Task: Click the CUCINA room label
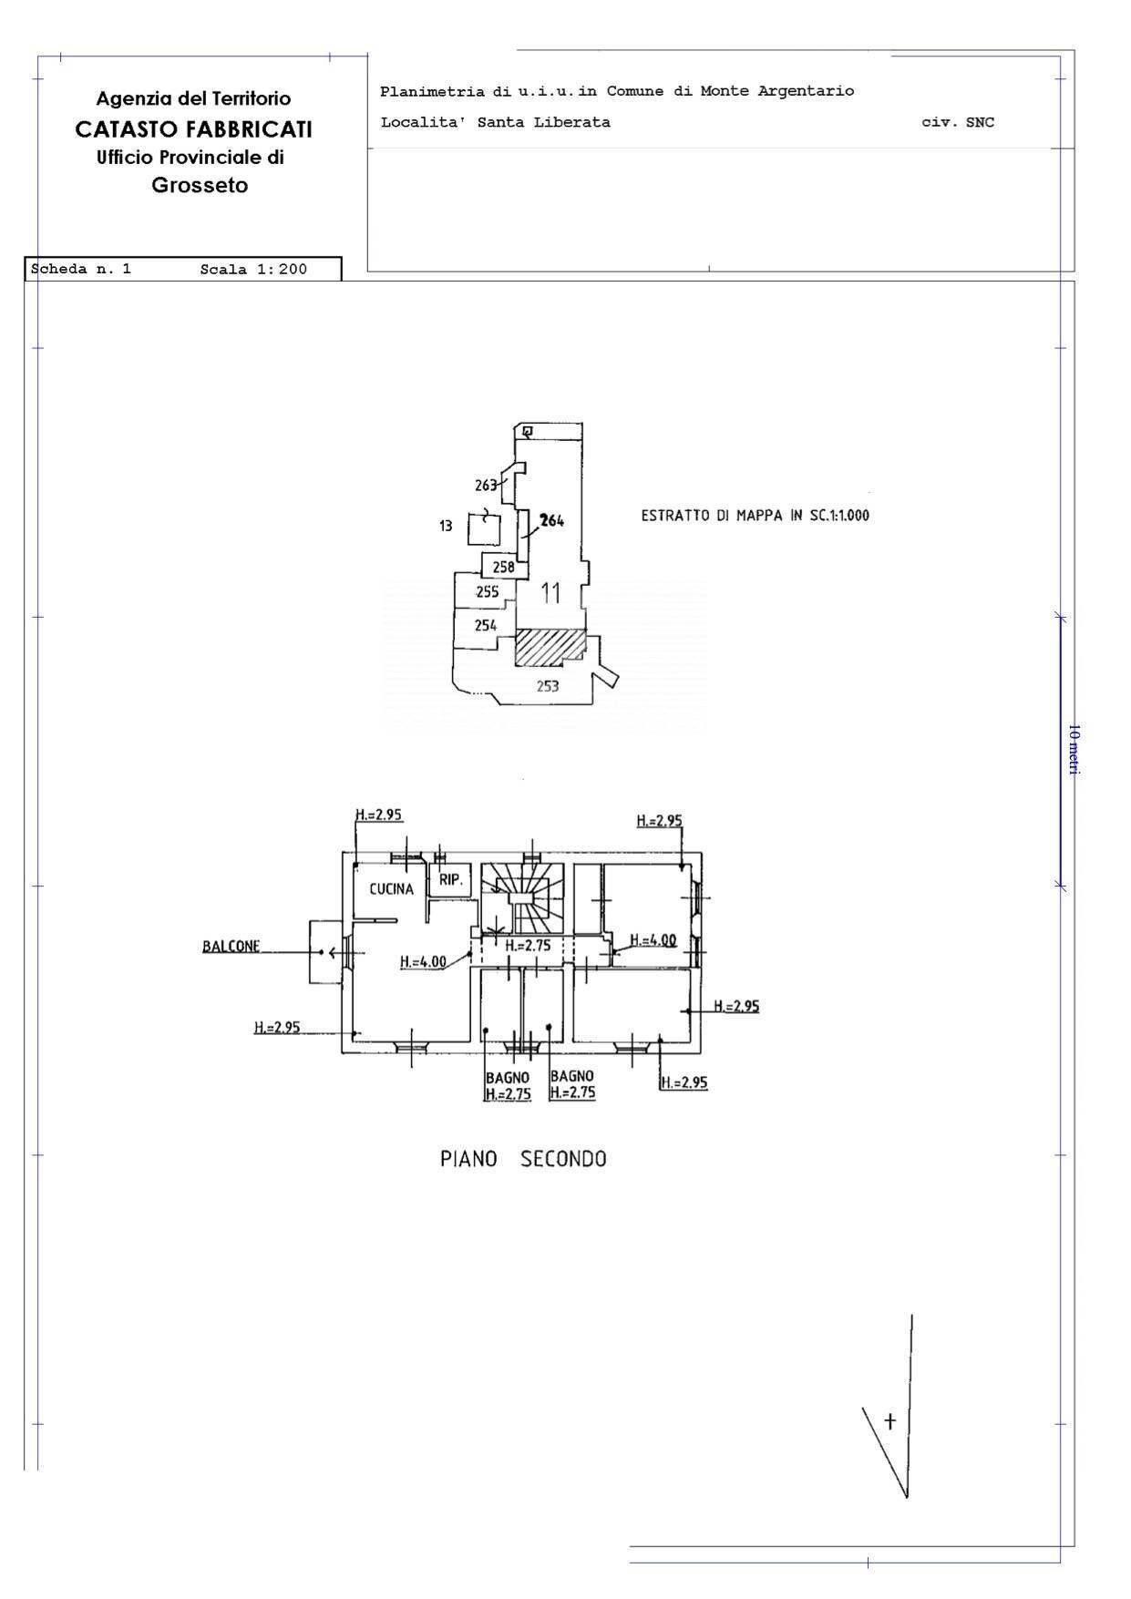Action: coord(391,889)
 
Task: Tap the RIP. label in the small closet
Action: coord(450,880)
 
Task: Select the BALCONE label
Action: coord(231,947)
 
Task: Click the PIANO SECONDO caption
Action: coord(523,1159)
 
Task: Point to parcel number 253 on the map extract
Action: coord(547,686)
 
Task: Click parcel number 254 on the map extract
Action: coord(486,625)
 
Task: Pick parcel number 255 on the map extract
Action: coord(488,592)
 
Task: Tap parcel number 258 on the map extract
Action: coord(503,567)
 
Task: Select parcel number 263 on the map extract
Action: coord(486,485)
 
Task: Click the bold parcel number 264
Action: coord(551,521)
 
